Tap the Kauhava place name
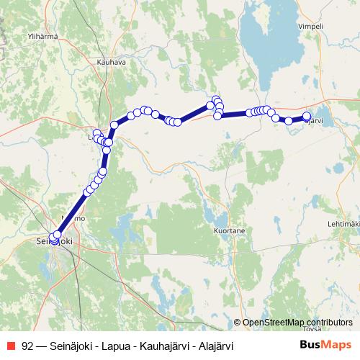pos(111,63)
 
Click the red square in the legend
pos(11,346)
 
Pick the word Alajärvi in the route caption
pos(214,346)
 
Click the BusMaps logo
pos(326,345)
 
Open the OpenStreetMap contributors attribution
pos(297,322)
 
